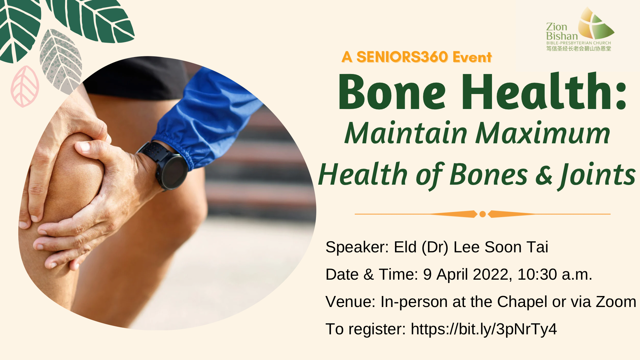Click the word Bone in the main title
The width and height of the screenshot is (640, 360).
tap(392, 92)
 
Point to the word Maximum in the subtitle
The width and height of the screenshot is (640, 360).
tap(543, 133)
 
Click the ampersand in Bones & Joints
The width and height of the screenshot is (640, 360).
tap(544, 175)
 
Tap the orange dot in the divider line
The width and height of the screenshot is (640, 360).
tap(482, 214)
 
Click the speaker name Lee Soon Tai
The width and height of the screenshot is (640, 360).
tap(501, 247)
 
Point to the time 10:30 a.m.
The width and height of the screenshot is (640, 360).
tap(555, 275)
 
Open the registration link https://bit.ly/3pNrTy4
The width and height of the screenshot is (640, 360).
tap(484, 329)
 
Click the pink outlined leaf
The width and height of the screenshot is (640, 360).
tap(25, 86)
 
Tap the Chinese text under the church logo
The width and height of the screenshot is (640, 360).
tap(579, 49)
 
